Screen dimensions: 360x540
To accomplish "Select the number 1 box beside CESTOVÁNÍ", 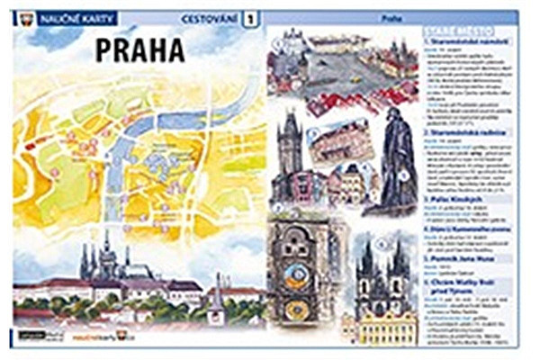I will point(249,17).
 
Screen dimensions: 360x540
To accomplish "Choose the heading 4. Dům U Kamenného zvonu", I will point(468,229).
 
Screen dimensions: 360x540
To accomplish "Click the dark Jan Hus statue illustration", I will point(396,162).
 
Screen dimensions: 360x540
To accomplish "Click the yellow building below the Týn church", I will point(383,328).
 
